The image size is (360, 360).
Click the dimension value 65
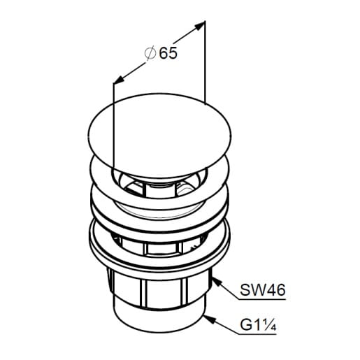(168, 53)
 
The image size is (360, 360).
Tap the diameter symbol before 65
(150, 53)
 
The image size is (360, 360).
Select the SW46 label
(263, 290)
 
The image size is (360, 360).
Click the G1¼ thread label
(258, 325)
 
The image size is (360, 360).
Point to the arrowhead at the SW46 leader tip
(217, 282)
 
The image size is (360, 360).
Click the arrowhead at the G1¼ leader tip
(208, 319)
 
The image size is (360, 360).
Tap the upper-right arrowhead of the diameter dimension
(199, 26)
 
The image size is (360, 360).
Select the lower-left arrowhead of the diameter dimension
(119, 79)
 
